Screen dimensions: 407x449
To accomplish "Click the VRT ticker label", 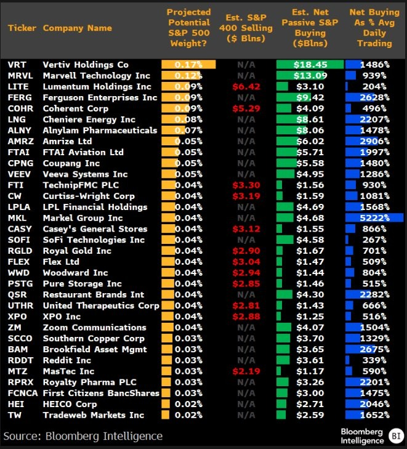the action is click(17, 65).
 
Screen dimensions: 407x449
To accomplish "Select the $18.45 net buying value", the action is click(310, 65).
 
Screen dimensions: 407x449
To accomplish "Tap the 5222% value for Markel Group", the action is click(374, 218).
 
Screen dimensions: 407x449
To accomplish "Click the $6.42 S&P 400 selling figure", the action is click(246, 87).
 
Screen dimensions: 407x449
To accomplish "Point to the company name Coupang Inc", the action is click(71, 163).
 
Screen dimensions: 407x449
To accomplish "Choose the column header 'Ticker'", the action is click(22, 28).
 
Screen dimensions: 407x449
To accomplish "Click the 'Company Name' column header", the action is click(78, 28).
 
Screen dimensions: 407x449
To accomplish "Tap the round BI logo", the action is click(397, 436).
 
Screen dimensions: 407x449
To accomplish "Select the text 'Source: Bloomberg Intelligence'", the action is click(83, 436).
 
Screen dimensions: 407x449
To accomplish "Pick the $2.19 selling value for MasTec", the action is click(246, 371).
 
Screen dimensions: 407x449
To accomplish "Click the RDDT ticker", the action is click(20, 360).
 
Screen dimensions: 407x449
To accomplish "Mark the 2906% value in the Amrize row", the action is click(374, 142).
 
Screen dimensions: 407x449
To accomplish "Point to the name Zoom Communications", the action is click(94, 328).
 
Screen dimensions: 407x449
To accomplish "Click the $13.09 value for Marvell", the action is click(310, 76).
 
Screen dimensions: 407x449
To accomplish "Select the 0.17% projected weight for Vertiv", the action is click(188, 65).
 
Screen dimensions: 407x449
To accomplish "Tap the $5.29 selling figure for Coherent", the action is click(246, 108).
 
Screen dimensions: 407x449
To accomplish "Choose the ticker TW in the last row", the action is click(14, 415).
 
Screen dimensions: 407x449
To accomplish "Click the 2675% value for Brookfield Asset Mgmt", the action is click(374, 349).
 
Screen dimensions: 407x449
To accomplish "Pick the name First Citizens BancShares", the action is click(101, 393).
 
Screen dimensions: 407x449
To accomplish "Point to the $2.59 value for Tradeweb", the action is click(310, 415).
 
